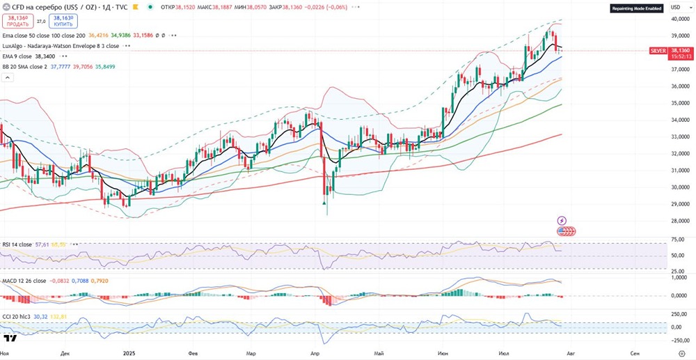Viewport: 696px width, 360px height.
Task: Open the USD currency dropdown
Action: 674,7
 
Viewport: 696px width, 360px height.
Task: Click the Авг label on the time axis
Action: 572,354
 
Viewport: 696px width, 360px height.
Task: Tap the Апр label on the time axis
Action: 315,354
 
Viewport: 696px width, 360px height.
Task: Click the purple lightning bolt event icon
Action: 562,221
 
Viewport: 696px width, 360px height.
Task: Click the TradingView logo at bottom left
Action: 10,339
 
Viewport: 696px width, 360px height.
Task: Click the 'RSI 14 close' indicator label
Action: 17,245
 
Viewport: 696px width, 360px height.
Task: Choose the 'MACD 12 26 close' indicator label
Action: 24,281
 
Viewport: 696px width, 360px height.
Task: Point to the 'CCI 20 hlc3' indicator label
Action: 17,316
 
